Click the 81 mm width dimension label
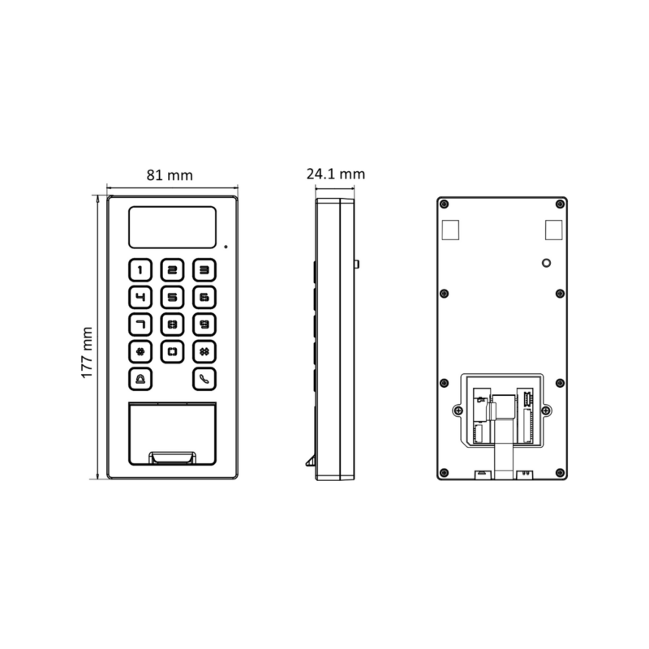click(170, 174)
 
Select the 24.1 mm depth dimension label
click(336, 174)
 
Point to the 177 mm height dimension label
click(88, 353)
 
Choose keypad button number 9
click(204, 324)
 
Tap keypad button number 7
click(141, 324)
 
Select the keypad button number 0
click(173, 352)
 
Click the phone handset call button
click(204, 379)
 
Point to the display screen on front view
click(173, 227)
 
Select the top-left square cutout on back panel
click(452, 230)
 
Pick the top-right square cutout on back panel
click(553, 230)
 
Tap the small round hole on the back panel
click(546, 264)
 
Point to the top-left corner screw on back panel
click(443, 203)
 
